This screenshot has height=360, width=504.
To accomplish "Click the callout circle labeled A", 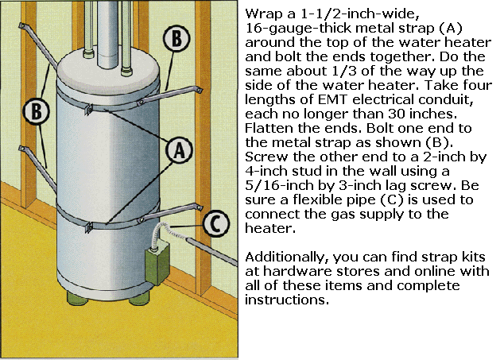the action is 180,150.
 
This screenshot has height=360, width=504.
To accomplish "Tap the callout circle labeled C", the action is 216,224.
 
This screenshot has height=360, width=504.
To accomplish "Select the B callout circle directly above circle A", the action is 176,39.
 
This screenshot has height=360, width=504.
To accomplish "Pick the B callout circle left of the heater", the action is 37,111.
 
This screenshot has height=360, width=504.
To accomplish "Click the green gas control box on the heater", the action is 157,263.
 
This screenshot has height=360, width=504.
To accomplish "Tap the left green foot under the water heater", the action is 77,297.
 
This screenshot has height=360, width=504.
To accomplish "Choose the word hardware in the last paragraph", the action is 297,271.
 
